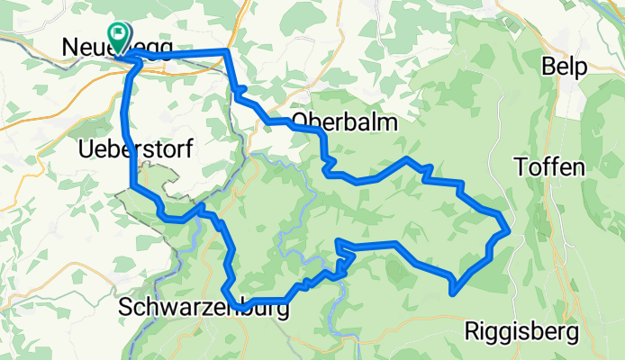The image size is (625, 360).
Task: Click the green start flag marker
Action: coord(118,35)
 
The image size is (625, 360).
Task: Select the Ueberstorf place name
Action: coord(134,149)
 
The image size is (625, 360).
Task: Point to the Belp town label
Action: coord(565,67)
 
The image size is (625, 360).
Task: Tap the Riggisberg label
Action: coord(521,333)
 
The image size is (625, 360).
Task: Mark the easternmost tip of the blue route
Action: coord(511,230)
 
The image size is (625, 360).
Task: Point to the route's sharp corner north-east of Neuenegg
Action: coord(227,51)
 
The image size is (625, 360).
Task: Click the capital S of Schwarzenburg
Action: coord(125,309)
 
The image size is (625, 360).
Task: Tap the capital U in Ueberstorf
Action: coord(86,149)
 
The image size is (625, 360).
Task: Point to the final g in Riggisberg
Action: coord(572,335)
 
